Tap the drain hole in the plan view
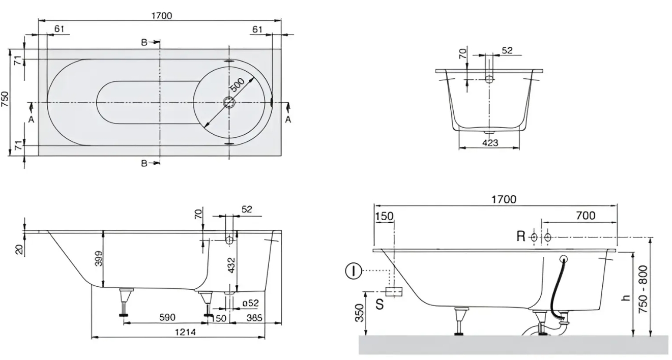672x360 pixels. tap(229, 103)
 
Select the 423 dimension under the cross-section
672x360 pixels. tap(489, 143)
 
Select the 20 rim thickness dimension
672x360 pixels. tap(18, 250)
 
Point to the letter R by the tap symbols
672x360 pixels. tap(520, 236)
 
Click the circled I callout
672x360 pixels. tap(353, 271)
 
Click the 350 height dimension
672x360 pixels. tap(359, 312)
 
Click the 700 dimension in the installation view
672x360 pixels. tap(586, 216)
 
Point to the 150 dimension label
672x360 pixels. tap(384, 216)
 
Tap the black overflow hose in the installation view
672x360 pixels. tap(555, 290)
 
